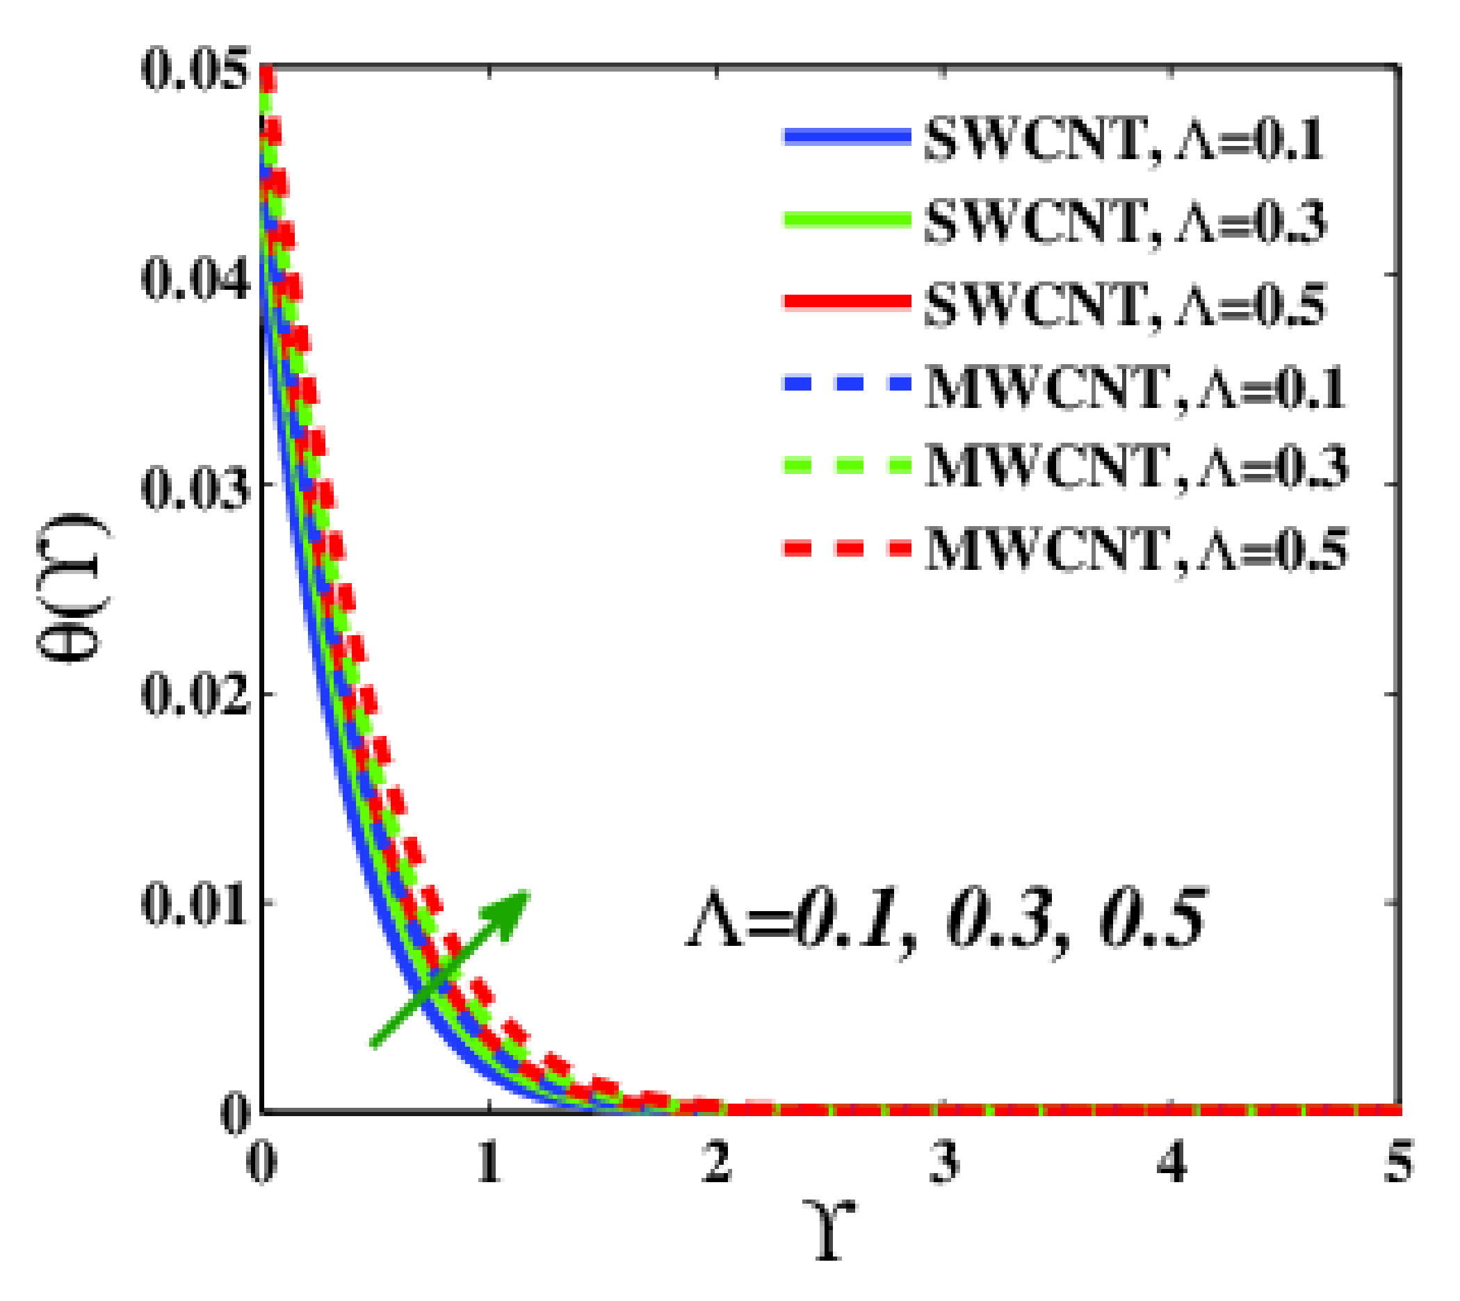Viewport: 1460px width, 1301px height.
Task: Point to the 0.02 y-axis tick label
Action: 196,697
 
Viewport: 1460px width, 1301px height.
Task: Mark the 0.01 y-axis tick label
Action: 196,906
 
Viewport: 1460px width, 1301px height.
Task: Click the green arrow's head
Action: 510,909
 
